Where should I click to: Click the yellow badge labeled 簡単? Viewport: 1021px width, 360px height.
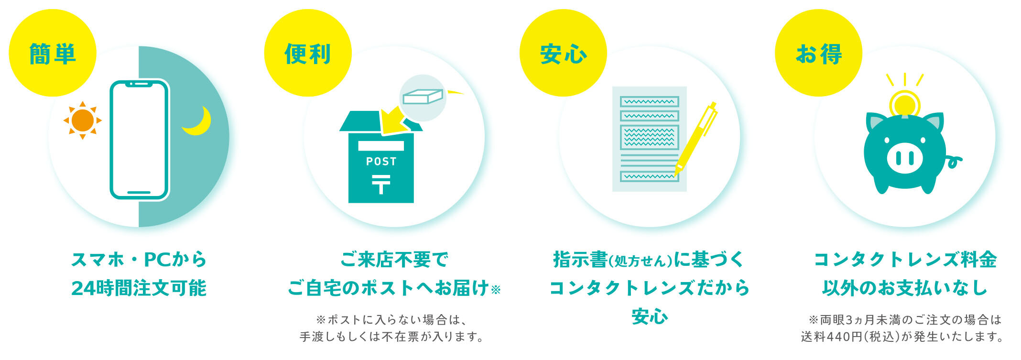click(53, 53)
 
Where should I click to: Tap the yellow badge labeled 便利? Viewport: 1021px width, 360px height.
click(308, 53)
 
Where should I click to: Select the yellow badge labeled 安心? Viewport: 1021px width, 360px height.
click(563, 53)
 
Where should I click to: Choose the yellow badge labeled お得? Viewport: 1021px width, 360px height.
click(818, 53)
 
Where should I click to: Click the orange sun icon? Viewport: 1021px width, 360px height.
click(83, 120)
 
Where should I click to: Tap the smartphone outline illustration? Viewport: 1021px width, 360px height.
click(139, 139)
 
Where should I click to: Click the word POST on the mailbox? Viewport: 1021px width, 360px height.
click(381, 162)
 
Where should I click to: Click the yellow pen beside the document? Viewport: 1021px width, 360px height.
click(696, 139)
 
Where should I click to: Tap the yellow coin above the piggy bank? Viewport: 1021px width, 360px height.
click(904, 104)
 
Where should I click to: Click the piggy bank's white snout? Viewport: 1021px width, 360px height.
click(904, 157)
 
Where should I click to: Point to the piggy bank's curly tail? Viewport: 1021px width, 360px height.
click(954, 162)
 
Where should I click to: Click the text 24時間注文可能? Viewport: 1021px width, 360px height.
click(139, 288)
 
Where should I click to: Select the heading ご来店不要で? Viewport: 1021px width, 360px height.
click(394, 260)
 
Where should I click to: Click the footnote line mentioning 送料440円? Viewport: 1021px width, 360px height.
click(902, 337)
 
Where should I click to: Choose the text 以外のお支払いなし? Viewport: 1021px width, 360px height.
click(905, 288)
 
